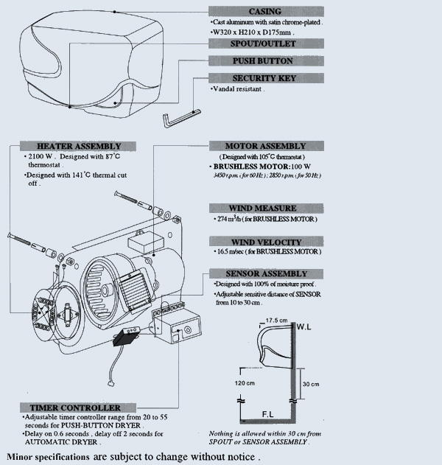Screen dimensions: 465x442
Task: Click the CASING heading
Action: pos(265,11)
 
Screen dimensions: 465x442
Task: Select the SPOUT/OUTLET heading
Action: pos(265,44)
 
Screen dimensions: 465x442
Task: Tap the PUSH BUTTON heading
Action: pos(265,61)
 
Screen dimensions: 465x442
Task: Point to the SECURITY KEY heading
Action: pos(265,78)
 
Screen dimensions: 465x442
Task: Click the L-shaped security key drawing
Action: pos(178,116)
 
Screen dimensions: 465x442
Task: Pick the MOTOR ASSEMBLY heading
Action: pos(265,146)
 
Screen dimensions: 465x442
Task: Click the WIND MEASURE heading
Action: pos(265,209)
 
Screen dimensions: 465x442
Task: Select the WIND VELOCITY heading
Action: pos(265,242)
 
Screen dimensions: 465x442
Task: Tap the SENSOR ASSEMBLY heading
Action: pos(265,273)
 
